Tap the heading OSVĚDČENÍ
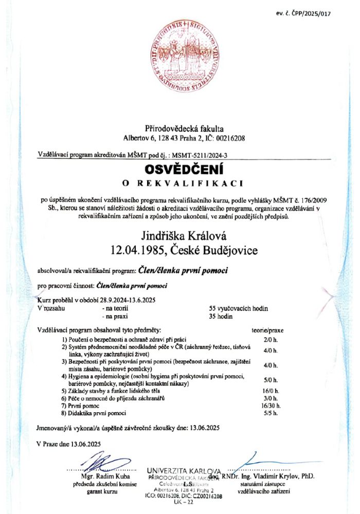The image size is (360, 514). pyautogui.click(x=180, y=169)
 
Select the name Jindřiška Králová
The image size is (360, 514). pyautogui.click(x=180, y=236)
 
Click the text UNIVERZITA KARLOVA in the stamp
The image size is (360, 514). pyautogui.click(x=184, y=471)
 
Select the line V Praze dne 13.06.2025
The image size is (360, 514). pyautogui.click(x=69, y=444)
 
